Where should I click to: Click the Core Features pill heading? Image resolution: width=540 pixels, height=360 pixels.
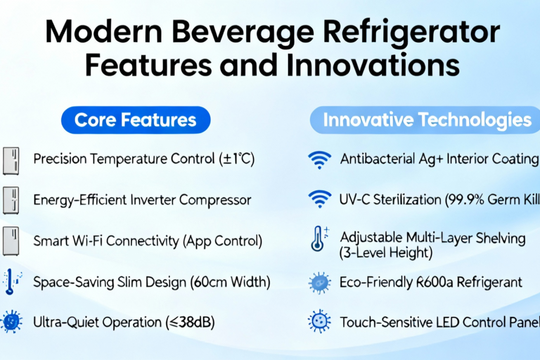pos(136,120)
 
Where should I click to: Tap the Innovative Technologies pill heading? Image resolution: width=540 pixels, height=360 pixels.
pos(425,120)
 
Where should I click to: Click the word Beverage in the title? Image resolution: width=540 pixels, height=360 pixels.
pos(243,33)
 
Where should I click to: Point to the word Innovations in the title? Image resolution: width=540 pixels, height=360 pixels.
pos(373,65)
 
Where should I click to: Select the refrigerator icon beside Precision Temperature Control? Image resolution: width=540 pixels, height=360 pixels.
pos(10,161)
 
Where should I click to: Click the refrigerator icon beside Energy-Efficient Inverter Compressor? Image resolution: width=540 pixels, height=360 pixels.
pos(10,200)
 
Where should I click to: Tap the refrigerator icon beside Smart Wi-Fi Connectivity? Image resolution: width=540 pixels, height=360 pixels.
pos(10,241)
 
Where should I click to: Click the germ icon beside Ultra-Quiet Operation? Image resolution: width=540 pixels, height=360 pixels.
pos(12,322)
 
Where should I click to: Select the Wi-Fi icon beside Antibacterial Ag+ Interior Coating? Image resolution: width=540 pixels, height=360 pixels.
pos(319,160)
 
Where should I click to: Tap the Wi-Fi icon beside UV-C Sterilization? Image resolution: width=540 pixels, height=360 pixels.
pos(319,199)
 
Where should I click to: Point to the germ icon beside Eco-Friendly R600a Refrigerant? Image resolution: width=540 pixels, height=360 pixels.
pos(319,283)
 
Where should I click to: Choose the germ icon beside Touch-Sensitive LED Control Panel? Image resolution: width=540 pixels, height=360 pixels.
pos(319,322)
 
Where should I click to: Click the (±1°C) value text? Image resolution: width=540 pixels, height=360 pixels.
pos(237,159)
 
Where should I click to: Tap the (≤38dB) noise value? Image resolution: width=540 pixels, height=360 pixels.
pos(190,322)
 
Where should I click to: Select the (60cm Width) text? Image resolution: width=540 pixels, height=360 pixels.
pos(230,282)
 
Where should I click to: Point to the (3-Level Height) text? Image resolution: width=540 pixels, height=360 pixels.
pos(386,253)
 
